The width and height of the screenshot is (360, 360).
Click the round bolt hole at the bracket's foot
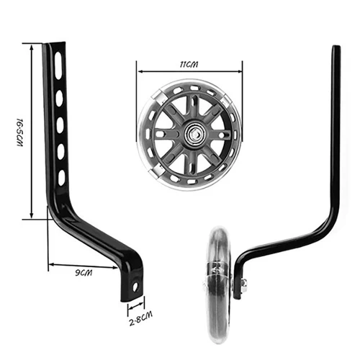(x=135, y=287)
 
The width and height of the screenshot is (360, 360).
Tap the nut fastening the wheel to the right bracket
(x=243, y=286)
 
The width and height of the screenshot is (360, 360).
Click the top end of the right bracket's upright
(x=335, y=50)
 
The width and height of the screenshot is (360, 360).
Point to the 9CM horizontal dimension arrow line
(x=82, y=266)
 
